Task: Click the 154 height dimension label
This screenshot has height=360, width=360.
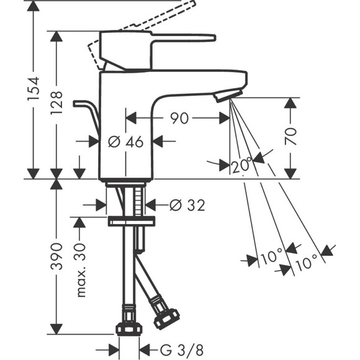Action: pyautogui.click(x=34, y=89)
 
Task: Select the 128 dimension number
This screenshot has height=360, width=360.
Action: pyautogui.click(x=56, y=103)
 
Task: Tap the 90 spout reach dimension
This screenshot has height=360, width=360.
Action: pyautogui.click(x=179, y=118)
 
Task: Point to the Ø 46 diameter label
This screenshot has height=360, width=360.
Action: pyautogui.click(x=126, y=142)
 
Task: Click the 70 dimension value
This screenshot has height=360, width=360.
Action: pyautogui.click(x=290, y=137)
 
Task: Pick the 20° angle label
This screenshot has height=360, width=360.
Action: pyautogui.click(x=241, y=164)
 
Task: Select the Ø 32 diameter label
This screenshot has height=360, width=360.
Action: pyautogui.click(x=187, y=205)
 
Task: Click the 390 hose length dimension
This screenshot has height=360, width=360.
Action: pyautogui.click(x=56, y=256)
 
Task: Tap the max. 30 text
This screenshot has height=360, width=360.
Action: pyautogui.click(x=80, y=270)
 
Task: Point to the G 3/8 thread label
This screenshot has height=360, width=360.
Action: pyautogui.click(x=182, y=350)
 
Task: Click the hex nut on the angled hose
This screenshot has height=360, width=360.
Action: pyautogui.click(x=167, y=318)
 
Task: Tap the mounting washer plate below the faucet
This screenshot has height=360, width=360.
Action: pyautogui.click(x=132, y=221)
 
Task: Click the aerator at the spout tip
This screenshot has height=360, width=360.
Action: pyautogui.click(x=228, y=96)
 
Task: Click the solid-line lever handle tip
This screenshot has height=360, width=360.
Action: pyautogui.click(x=214, y=38)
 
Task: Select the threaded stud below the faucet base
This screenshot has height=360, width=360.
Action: pyautogui.click(x=138, y=202)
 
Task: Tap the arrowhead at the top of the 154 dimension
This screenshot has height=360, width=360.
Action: pyautogui.click(x=34, y=6)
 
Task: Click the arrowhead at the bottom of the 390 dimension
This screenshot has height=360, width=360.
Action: pyautogui.click(x=56, y=329)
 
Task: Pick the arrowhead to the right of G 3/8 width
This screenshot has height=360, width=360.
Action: pyautogui.click(x=145, y=350)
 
